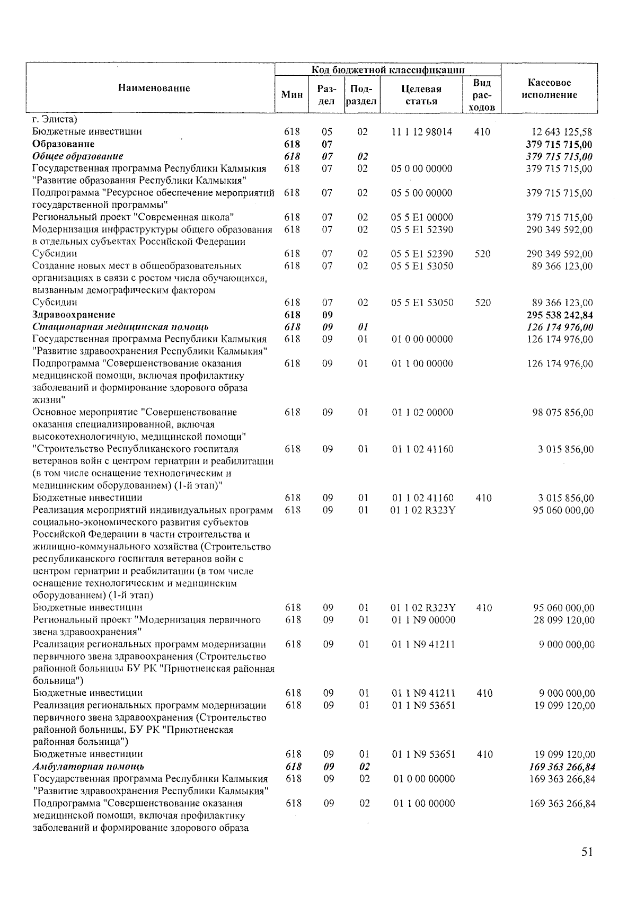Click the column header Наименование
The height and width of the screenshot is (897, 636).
pyautogui.click(x=154, y=88)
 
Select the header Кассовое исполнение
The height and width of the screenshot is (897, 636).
pyautogui.click(x=549, y=89)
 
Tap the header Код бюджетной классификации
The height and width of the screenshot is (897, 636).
pyautogui.click(x=388, y=70)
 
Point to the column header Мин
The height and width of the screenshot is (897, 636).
pyautogui.click(x=292, y=95)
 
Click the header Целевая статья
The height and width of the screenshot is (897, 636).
pyautogui.click(x=421, y=95)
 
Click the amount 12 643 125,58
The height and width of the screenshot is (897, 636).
pyautogui.click(x=561, y=132)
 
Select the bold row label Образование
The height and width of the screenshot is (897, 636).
pyautogui.click(x=63, y=144)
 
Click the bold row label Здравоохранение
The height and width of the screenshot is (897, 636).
pyautogui.click(x=73, y=315)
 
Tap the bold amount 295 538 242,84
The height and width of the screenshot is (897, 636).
pyautogui.click(x=559, y=315)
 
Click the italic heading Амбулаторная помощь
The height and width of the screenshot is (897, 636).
pyautogui.click(x=89, y=767)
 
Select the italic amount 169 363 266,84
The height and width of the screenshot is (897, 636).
pyautogui.click(x=562, y=767)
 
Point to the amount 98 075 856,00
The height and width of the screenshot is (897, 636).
pyautogui.click(x=563, y=413)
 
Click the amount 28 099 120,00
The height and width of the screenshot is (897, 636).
pyautogui.click(x=563, y=620)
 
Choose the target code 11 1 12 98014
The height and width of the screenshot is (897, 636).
pyautogui.click(x=422, y=132)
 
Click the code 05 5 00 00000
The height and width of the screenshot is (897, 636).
pyautogui.click(x=422, y=193)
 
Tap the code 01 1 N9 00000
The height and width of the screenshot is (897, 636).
pyautogui.click(x=423, y=620)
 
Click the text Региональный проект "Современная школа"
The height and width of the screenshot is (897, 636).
pyautogui.click(x=134, y=217)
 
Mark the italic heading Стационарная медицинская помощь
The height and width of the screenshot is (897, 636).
pyautogui.click(x=120, y=327)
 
